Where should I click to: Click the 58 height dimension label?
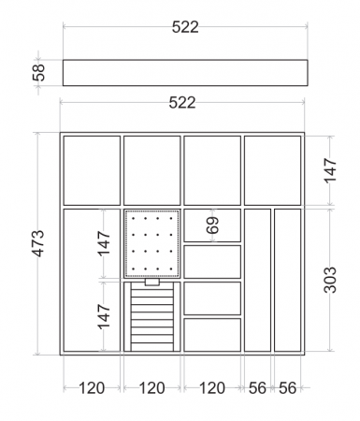pyautogui.click(x=39, y=73)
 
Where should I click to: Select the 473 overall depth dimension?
pyautogui.click(x=39, y=243)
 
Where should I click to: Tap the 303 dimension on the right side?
pyautogui.click(x=330, y=280)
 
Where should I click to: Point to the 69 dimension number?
pyautogui.click(x=213, y=225)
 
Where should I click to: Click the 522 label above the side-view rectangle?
pyautogui.click(x=185, y=27)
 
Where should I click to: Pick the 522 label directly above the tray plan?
pyautogui.click(x=182, y=103)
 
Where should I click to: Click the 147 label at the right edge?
pyautogui.click(x=330, y=170)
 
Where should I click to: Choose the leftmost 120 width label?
pyautogui.click(x=92, y=388)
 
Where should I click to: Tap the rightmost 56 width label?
pyautogui.click(x=287, y=388)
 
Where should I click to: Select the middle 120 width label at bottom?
pyautogui.click(x=151, y=388)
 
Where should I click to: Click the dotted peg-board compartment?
pyautogui.click(x=152, y=243)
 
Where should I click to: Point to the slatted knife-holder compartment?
pyautogui.click(x=152, y=316)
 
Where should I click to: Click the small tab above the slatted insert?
pyautogui.click(x=152, y=282)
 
